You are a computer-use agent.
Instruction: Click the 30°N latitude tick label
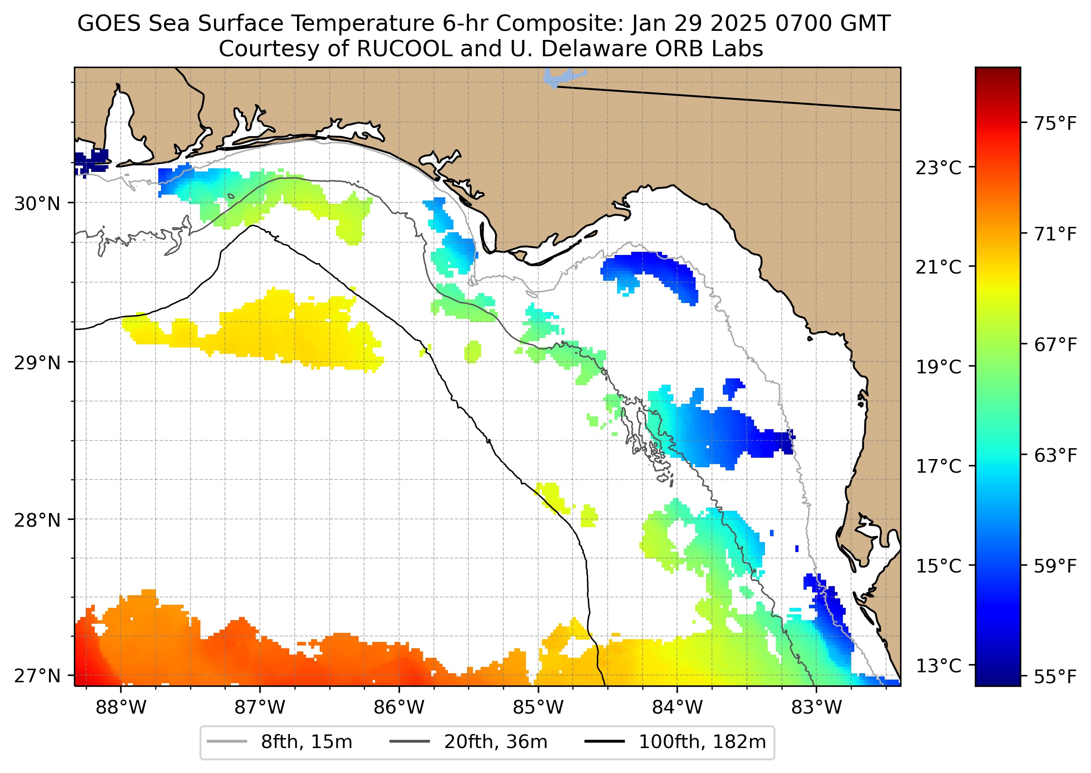[x=37, y=204]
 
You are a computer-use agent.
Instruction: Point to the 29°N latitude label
[x=37, y=363]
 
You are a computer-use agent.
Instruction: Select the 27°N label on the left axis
[x=37, y=675]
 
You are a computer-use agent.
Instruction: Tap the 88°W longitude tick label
[x=121, y=707]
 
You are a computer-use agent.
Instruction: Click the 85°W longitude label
[x=538, y=707]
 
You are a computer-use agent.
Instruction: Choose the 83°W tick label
[x=817, y=707]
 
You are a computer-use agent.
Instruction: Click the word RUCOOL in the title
[x=404, y=49]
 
